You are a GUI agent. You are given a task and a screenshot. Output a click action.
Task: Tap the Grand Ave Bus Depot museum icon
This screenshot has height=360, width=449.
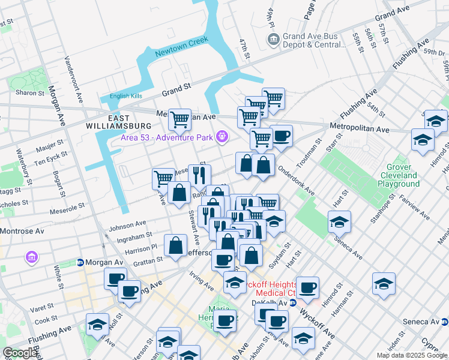pyautogui.click(x=273, y=40)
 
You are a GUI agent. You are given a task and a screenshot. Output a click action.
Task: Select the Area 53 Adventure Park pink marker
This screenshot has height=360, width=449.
pyautogui.click(x=222, y=137)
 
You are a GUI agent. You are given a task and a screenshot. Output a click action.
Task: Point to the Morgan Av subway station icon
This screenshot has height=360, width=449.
pyautogui.click(x=79, y=262)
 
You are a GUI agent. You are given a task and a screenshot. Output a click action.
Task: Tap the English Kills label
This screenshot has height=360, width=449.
pyautogui.click(x=125, y=96)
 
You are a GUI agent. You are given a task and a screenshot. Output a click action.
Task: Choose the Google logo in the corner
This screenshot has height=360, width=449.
pyautogui.click(x=20, y=353)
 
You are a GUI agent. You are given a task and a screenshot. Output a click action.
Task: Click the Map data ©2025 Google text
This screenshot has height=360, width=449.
pyautogui.click(x=412, y=355)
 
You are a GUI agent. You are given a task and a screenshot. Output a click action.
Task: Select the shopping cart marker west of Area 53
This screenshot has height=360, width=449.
pyautogui.click(x=179, y=119)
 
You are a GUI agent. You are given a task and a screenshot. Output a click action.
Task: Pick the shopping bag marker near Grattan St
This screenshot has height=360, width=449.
pyautogui.click(x=175, y=246)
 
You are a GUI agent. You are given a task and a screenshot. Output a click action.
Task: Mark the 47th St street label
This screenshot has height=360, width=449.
pyautogui.click(x=244, y=49)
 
